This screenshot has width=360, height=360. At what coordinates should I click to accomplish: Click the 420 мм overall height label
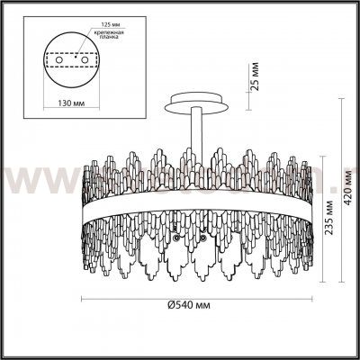[347, 179]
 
